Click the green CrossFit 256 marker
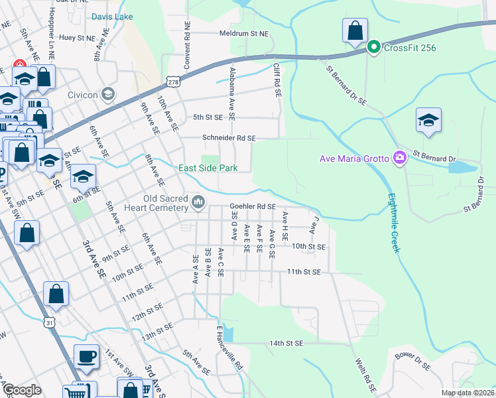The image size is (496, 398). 373,46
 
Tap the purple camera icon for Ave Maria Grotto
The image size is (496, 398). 400,158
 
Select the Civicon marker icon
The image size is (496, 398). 108,94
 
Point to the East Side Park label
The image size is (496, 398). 208,168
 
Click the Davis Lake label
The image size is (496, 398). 112,16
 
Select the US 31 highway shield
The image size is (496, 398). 50,322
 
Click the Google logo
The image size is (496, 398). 22,391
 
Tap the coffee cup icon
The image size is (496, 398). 86,356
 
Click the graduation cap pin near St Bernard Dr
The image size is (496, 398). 428,121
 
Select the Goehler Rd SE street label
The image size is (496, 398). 253,207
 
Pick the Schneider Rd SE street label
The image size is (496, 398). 229,138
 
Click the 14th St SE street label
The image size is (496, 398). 286,344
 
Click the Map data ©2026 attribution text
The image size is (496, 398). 467,393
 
